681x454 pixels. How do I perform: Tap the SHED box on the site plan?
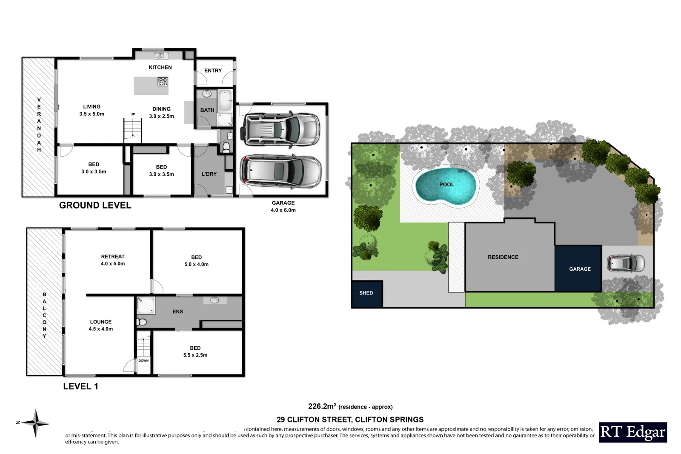[366, 294]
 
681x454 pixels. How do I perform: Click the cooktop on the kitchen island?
[163, 82]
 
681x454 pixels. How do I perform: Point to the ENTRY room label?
[213, 71]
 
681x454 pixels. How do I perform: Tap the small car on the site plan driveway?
[625, 263]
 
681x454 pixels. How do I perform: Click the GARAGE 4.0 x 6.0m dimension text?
[283, 206]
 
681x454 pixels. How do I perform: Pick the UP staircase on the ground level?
[132, 130]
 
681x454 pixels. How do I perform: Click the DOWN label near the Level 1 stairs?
[143, 360]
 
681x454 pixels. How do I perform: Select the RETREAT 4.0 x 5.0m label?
[113, 260]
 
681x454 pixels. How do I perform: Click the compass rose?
[36, 423]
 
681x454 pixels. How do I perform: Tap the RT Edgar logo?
[632, 432]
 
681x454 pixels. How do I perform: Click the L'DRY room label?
[209, 174]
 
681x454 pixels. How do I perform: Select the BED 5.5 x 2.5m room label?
[195, 351]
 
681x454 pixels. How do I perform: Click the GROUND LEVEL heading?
[95, 205]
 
